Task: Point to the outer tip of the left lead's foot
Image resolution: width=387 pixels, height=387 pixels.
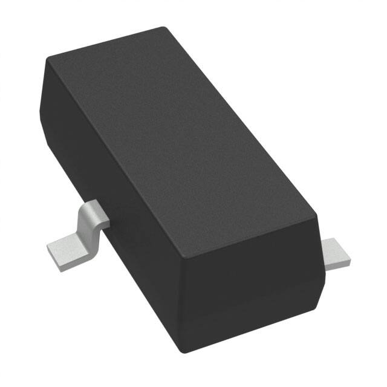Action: (x=50, y=253)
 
